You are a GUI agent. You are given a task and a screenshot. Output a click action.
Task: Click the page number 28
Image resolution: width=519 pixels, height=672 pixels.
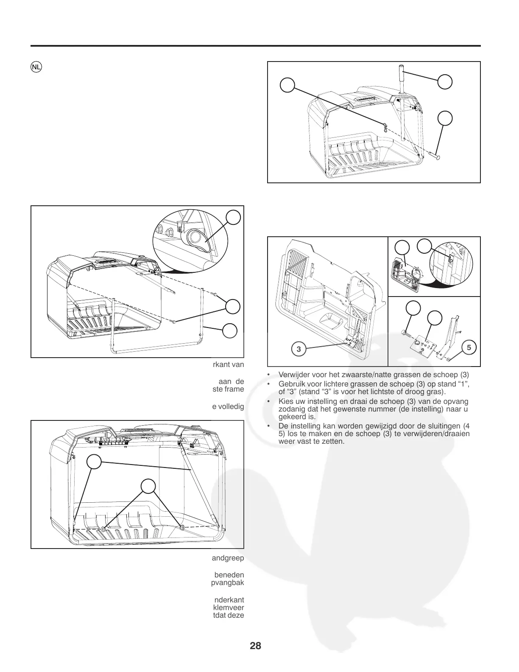coord(255,646)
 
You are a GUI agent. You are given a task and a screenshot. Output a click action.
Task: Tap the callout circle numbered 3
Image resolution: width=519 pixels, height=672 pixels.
coord(299,349)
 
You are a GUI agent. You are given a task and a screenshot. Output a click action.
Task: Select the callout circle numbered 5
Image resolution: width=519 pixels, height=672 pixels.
coord(469,347)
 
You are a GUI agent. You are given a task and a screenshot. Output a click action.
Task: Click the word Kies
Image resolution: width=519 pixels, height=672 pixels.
coord(285,401)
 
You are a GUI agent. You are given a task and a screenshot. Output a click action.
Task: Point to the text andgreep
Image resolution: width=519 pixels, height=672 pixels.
coord(228,558)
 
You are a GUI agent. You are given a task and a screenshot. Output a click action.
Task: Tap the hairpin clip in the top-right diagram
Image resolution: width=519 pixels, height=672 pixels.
coord(384,126)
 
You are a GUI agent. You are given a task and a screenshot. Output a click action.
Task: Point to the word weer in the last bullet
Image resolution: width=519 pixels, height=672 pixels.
coord(285,442)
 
